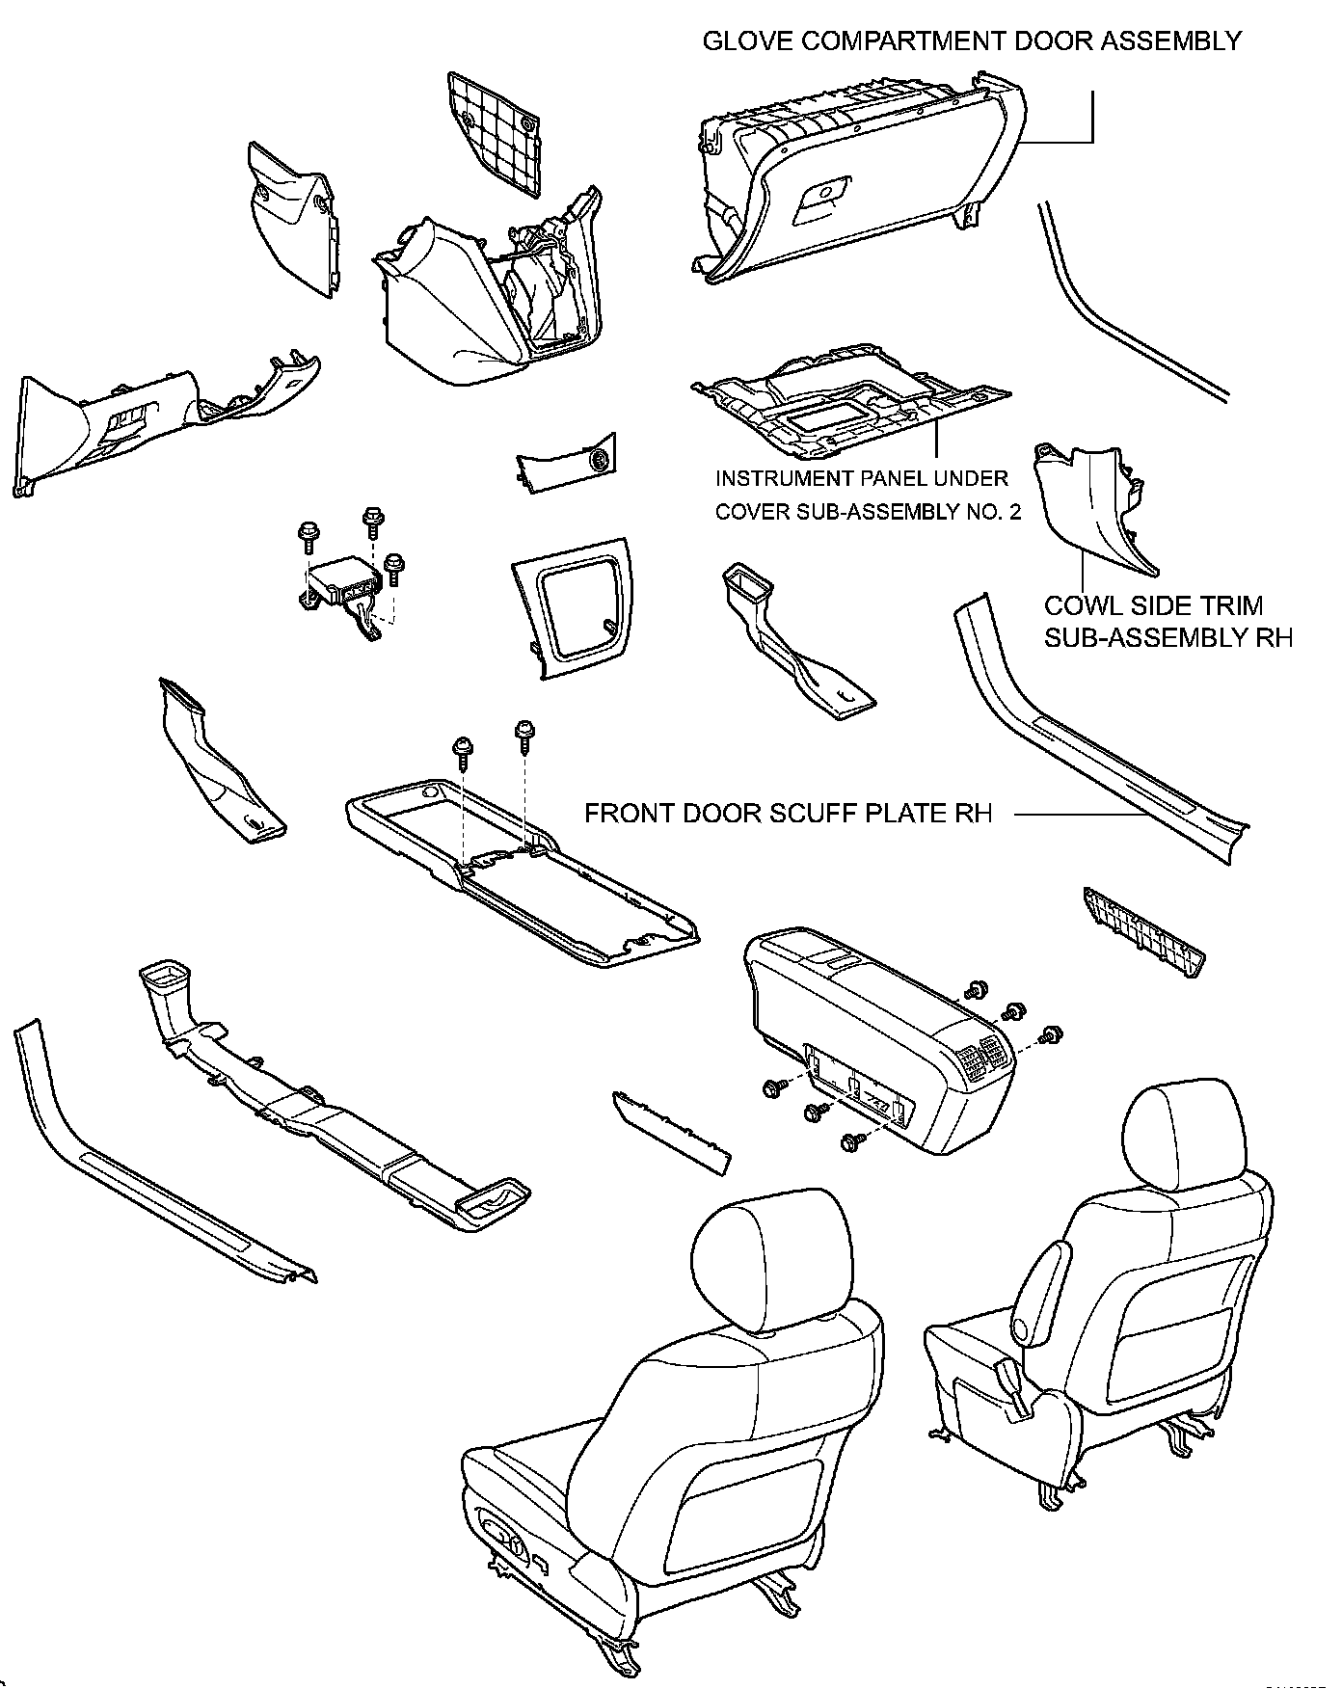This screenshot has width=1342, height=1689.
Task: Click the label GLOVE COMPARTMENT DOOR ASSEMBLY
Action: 971,41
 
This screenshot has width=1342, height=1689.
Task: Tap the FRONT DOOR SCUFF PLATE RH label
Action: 788,814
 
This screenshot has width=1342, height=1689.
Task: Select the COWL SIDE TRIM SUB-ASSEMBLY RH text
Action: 1168,622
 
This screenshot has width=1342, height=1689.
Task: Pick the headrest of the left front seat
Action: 779,1259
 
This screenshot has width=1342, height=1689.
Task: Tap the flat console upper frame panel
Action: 521,868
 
